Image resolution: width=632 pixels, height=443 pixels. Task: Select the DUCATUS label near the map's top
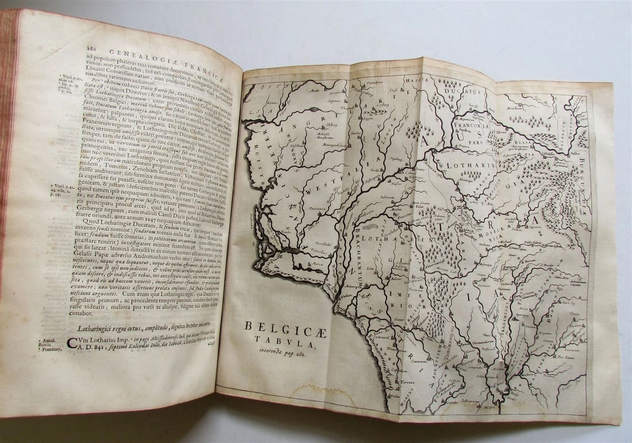click(464, 91)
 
